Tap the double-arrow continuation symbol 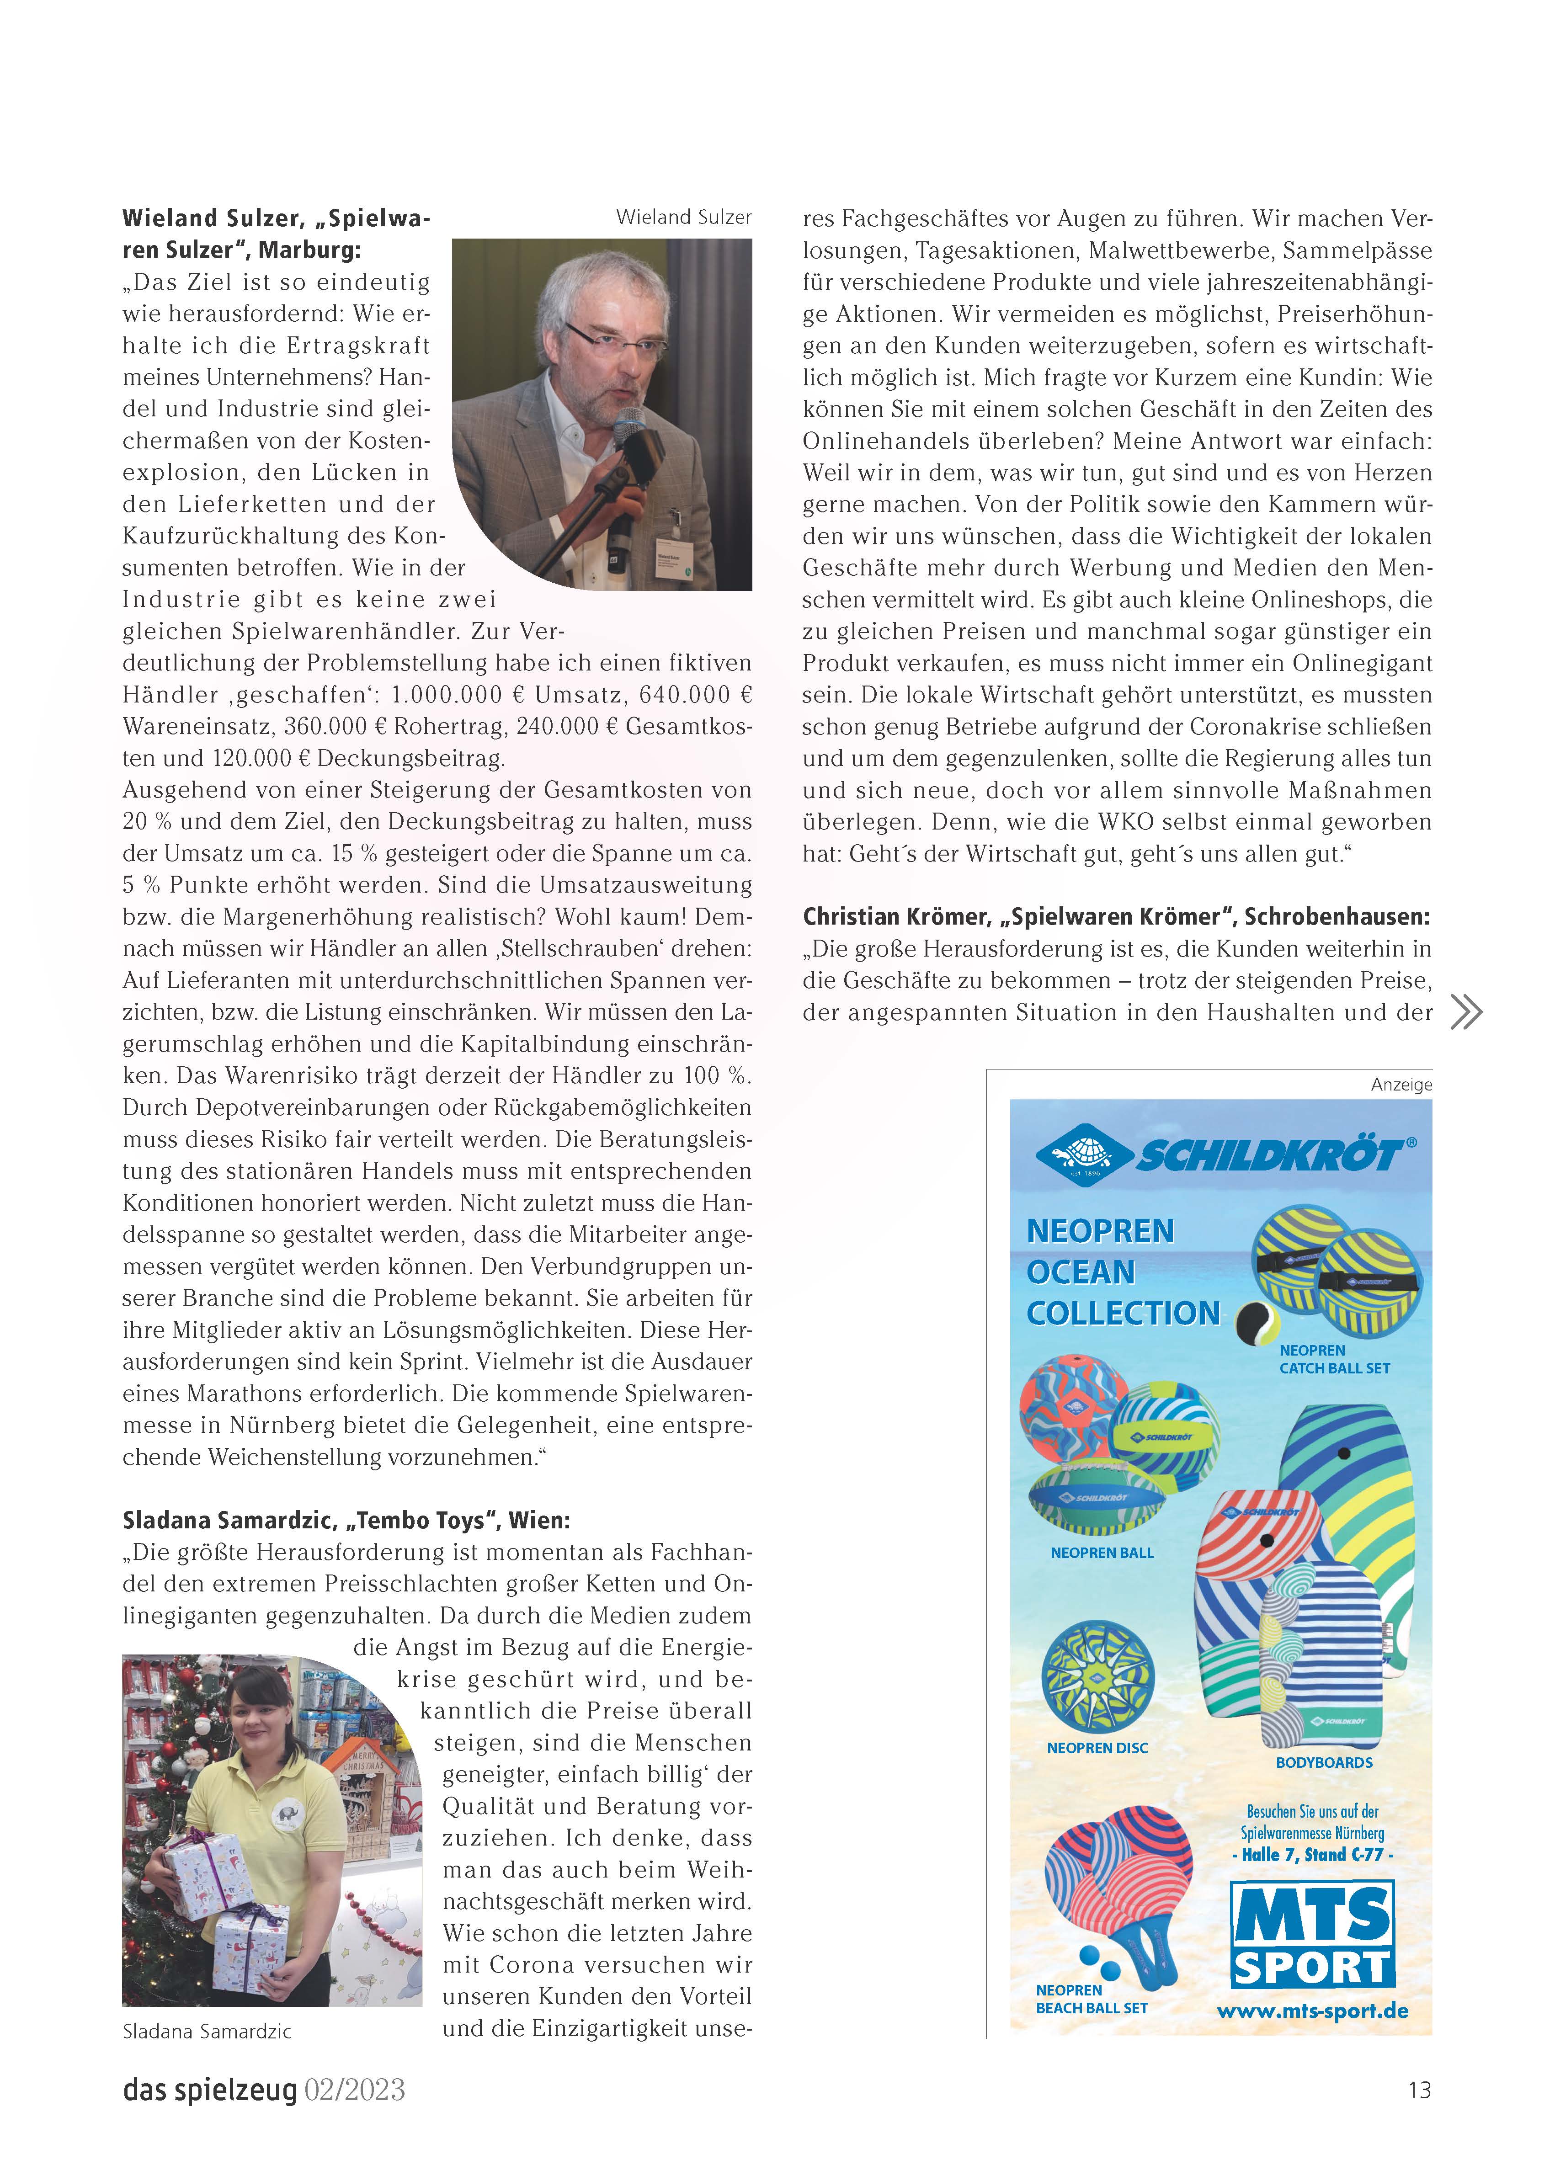coord(1466,1012)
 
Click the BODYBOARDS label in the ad coord(1324,1763)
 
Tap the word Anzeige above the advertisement coord(1401,1085)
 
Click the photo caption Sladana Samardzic coord(207,2032)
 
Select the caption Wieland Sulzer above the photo coord(684,218)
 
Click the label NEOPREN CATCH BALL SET coord(1334,1359)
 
